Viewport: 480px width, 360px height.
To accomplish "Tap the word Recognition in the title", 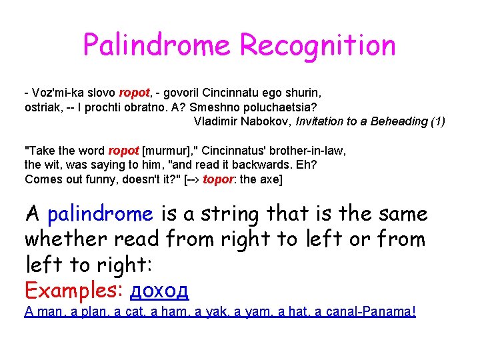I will [x=317, y=45].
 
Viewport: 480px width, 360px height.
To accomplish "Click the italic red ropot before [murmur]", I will [x=123, y=151].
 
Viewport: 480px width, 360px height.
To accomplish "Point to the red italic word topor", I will [x=218, y=179].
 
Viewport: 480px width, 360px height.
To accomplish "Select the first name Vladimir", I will [x=218, y=121].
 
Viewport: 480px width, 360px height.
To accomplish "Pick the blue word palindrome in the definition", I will [x=100, y=214].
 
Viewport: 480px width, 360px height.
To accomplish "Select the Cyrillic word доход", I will [x=159, y=290].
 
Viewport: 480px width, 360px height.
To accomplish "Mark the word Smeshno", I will [x=210, y=107].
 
